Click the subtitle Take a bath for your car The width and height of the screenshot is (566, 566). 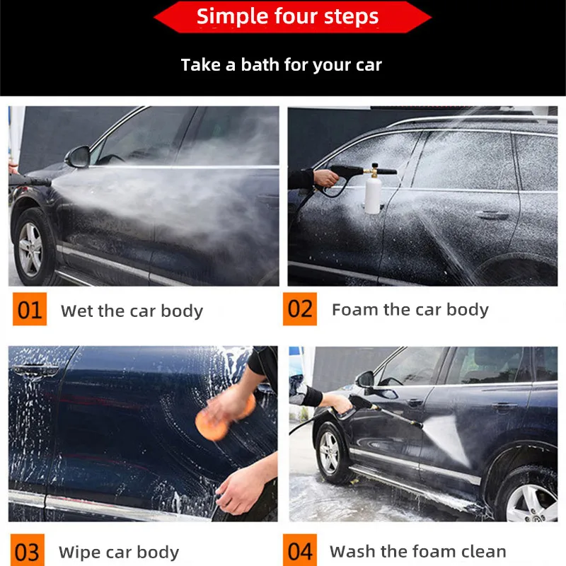281,65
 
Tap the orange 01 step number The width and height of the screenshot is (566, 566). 29,310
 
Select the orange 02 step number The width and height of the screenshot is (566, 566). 300,309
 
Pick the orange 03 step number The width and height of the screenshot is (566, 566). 26,551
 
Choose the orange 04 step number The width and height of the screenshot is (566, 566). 300,550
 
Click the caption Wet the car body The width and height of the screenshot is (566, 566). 132,311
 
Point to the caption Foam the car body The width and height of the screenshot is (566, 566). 410,309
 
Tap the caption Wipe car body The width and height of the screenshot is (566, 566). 119,552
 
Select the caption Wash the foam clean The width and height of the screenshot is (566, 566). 417,551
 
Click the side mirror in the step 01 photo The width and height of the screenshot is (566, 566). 79,156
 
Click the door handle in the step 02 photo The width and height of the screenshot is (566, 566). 491,215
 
